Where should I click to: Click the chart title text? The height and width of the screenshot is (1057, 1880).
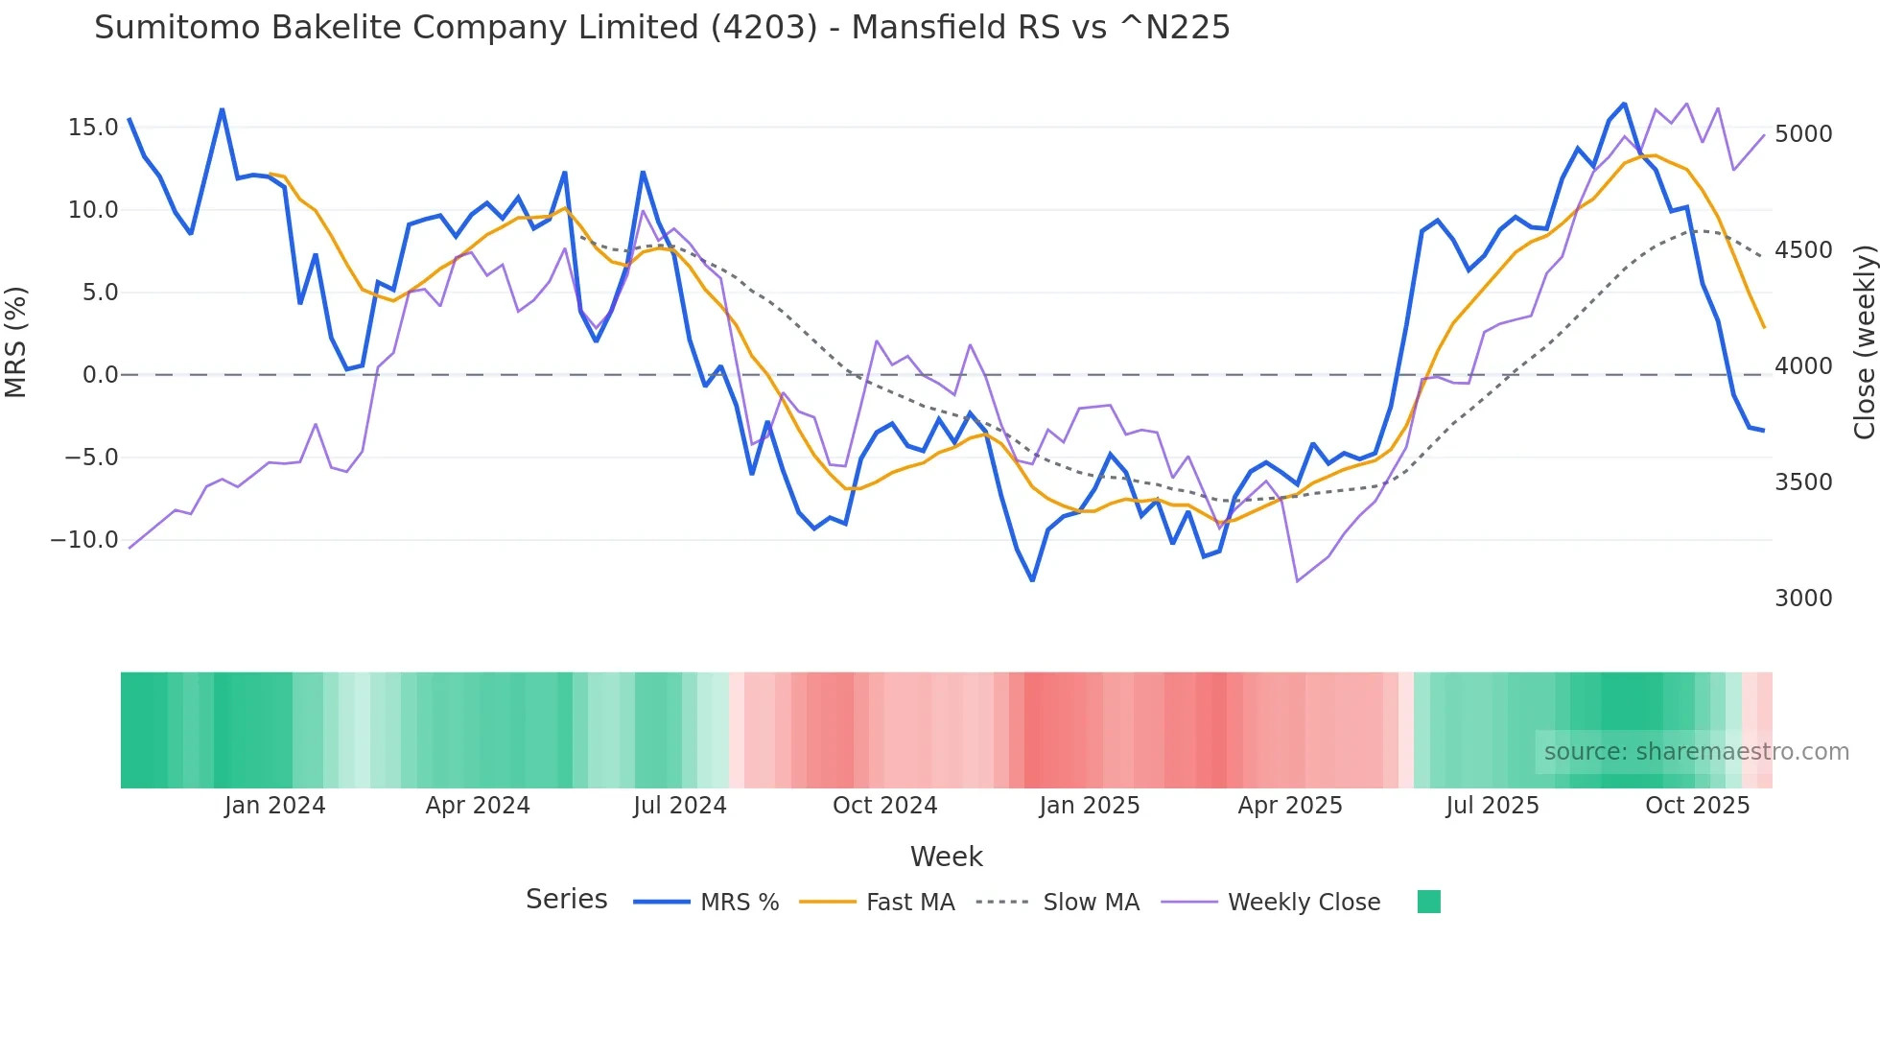(662, 28)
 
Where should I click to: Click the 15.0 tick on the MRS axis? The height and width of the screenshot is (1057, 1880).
(93, 128)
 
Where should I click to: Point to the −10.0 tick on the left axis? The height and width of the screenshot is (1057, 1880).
(84, 540)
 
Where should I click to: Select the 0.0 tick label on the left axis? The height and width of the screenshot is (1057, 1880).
(100, 375)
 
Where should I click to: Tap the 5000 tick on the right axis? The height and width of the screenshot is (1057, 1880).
(1803, 134)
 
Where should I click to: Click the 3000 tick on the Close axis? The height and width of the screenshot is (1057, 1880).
(1803, 599)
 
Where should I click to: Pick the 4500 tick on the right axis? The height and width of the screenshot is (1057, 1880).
(1803, 250)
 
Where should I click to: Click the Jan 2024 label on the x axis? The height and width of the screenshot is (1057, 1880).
(275, 806)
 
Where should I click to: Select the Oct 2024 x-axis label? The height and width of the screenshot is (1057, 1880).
(884, 806)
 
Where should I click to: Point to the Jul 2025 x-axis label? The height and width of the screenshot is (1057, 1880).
(1492, 806)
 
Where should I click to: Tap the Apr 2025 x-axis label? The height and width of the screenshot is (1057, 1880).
(1290, 806)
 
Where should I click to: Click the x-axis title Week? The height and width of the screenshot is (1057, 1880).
(946, 857)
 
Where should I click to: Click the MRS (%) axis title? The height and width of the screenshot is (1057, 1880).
(16, 342)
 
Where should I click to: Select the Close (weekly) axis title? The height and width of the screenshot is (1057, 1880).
(1864, 342)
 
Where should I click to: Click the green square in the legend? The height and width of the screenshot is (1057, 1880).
(1428, 902)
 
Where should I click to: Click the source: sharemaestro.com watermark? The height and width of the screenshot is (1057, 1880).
(1696, 752)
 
